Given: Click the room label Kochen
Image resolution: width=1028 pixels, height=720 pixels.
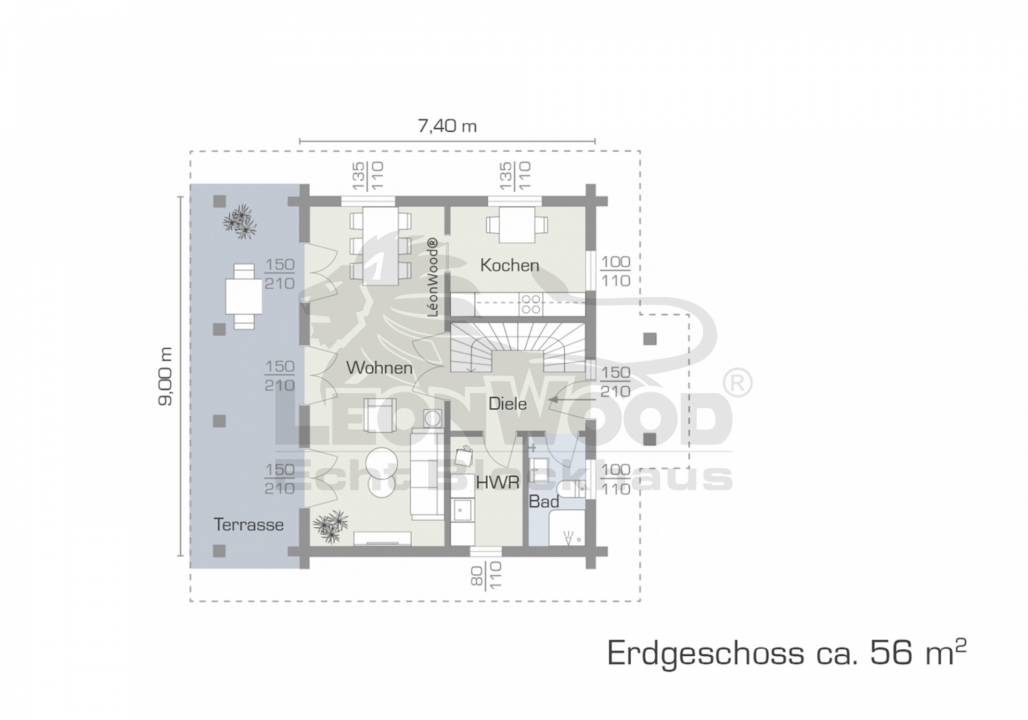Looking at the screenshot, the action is tap(509, 265).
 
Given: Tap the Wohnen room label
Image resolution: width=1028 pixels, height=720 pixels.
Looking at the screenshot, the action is tap(379, 368).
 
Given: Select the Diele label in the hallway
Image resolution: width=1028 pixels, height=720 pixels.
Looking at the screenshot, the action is tap(508, 403).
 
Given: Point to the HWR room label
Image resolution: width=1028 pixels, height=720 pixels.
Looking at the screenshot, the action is tap(498, 482).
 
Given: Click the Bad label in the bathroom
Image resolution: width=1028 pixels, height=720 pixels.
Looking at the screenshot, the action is tap(544, 501).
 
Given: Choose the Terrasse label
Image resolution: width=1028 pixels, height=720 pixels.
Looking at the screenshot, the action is tap(248, 524).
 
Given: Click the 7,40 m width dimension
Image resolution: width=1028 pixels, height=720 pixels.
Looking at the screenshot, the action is tap(447, 126).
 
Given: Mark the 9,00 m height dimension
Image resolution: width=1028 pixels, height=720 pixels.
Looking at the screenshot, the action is tap(165, 377).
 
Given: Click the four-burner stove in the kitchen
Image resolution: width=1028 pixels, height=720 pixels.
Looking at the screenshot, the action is tap(531, 304).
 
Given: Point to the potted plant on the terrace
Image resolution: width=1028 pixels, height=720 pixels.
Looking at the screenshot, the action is tap(239, 221).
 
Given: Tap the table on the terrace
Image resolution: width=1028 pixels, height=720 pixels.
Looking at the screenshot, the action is tap(244, 296).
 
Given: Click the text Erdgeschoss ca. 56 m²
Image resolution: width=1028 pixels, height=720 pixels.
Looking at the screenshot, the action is tap(787, 653).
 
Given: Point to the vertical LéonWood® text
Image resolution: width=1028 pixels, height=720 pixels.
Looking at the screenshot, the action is tap(433, 277).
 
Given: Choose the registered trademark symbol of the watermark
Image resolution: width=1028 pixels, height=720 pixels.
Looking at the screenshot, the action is tap(738, 382).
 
